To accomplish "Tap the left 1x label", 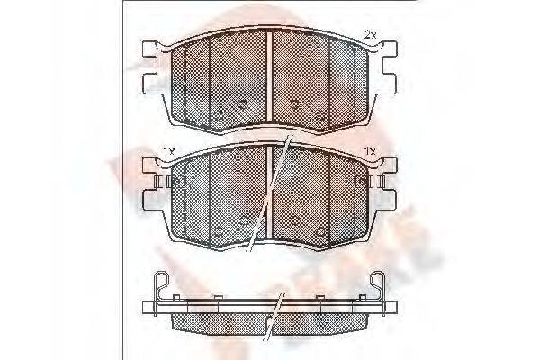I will coord(167,149).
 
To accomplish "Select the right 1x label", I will coord(369,149).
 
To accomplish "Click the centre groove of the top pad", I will coord(271,76).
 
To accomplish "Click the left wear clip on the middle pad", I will coord(171,181).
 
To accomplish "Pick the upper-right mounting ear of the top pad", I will coord(389,53).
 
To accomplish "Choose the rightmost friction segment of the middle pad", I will coord(352,193).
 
